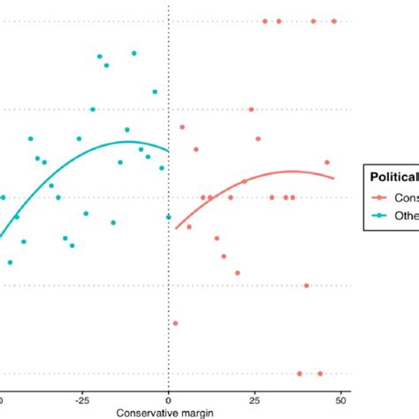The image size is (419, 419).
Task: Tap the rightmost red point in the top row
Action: pyautogui.click(x=334, y=21)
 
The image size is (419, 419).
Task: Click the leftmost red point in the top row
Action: pyautogui.click(x=264, y=21)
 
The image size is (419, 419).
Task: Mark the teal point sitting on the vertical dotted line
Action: pyautogui.click(x=168, y=217)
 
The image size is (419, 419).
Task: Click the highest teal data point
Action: pyautogui.click(x=134, y=53)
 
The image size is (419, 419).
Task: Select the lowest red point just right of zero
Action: pyautogui.click(x=175, y=324)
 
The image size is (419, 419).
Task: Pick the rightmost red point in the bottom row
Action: pyautogui.click(x=320, y=374)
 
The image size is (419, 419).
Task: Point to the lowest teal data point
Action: pyautogui.click(x=10, y=263)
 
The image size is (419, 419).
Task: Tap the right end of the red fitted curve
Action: pyautogui.click(x=334, y=179)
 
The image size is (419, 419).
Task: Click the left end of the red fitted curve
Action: pyautogui.click(x=176, y=229)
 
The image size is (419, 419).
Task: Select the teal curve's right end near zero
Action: pyautogui.click(x=167, y=150)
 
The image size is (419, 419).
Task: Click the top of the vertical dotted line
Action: pyautogui.click(x=168, y=4)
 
